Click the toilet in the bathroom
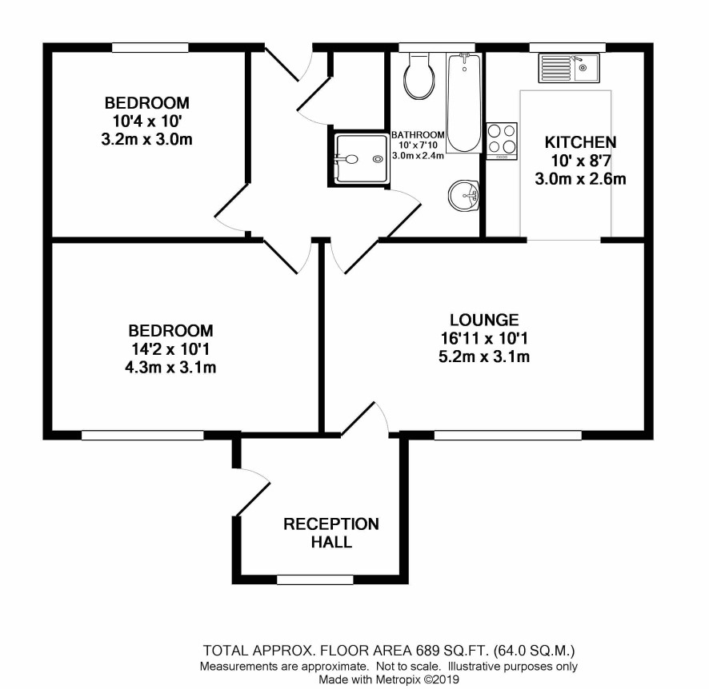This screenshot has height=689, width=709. pyautogui.click(x=419, y=76)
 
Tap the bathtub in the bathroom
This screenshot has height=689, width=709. pyautogui.click(x=463, y=103)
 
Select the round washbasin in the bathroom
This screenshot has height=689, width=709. pyautogui.click(x=463, y=196)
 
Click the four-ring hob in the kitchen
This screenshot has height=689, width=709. pyautogui.click(x=502, y=141)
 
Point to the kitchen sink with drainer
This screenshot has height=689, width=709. pyautogui.click(x=569, y=68)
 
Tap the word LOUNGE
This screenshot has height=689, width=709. pyautogui.click(x=484, y=320)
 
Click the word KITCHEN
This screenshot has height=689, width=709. pyautogui.click(x=580, y=142)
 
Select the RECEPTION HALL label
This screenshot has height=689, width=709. pyautogui.click(x=331, y=533)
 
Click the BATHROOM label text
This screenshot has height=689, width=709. pyautogui.click(x=418, y=135)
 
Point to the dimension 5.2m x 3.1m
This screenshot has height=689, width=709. pyautogui.click(x=484, y=356)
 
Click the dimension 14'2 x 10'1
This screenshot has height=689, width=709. pyautogui.click(x=170, y=349)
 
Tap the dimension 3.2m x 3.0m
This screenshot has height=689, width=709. pyautogui.click(x=147, y=140)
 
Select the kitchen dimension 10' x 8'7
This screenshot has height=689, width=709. pyautogui.click(x=581, y=161)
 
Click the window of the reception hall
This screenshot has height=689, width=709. pyautogui.click(x=314, y=579)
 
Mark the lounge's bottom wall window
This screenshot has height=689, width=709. pyautogui.click(x=508, y=436)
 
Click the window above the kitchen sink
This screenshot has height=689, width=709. pyautogui.click(x=567, y=47)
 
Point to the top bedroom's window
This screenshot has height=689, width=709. pyautogui.click(x=150, y=47)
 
